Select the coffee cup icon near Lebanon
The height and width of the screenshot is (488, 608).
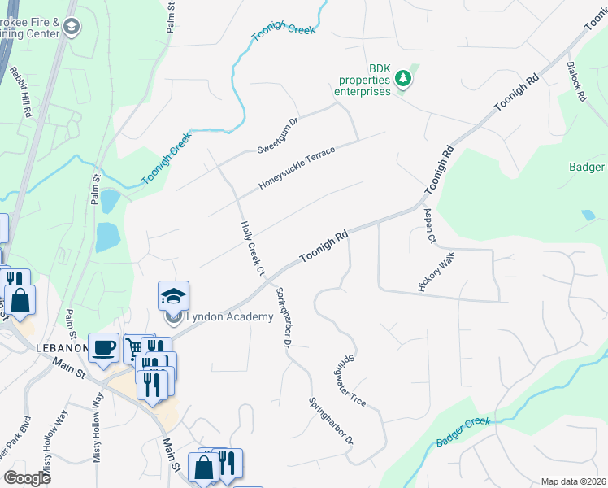coord(103,347)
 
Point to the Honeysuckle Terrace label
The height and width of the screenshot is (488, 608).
coord(297,168)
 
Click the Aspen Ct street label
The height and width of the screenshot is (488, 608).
coord(429,225)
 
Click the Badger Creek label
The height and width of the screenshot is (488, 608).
coord(463,431)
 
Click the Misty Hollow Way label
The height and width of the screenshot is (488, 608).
coord(54,444)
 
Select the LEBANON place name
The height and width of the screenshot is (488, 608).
coord(62,347)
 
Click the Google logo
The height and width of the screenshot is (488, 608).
coord(27,477)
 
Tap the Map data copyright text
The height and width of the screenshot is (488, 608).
coord(572,481)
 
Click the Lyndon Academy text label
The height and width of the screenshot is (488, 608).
coord(230,316)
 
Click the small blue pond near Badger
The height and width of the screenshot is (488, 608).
coord(588,216)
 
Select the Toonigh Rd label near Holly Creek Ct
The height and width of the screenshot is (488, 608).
coord(324,246)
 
